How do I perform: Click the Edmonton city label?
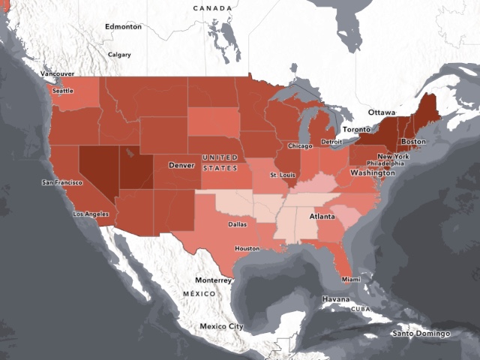point(123,26)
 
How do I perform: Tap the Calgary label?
point(119,55)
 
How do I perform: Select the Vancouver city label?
point(57,74)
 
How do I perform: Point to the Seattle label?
point(62,91)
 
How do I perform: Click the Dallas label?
point(238,223)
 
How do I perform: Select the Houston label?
point(247,248)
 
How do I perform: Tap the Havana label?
point(336,299)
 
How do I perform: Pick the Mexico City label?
point(221,326)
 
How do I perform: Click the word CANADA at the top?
point(212,7)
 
